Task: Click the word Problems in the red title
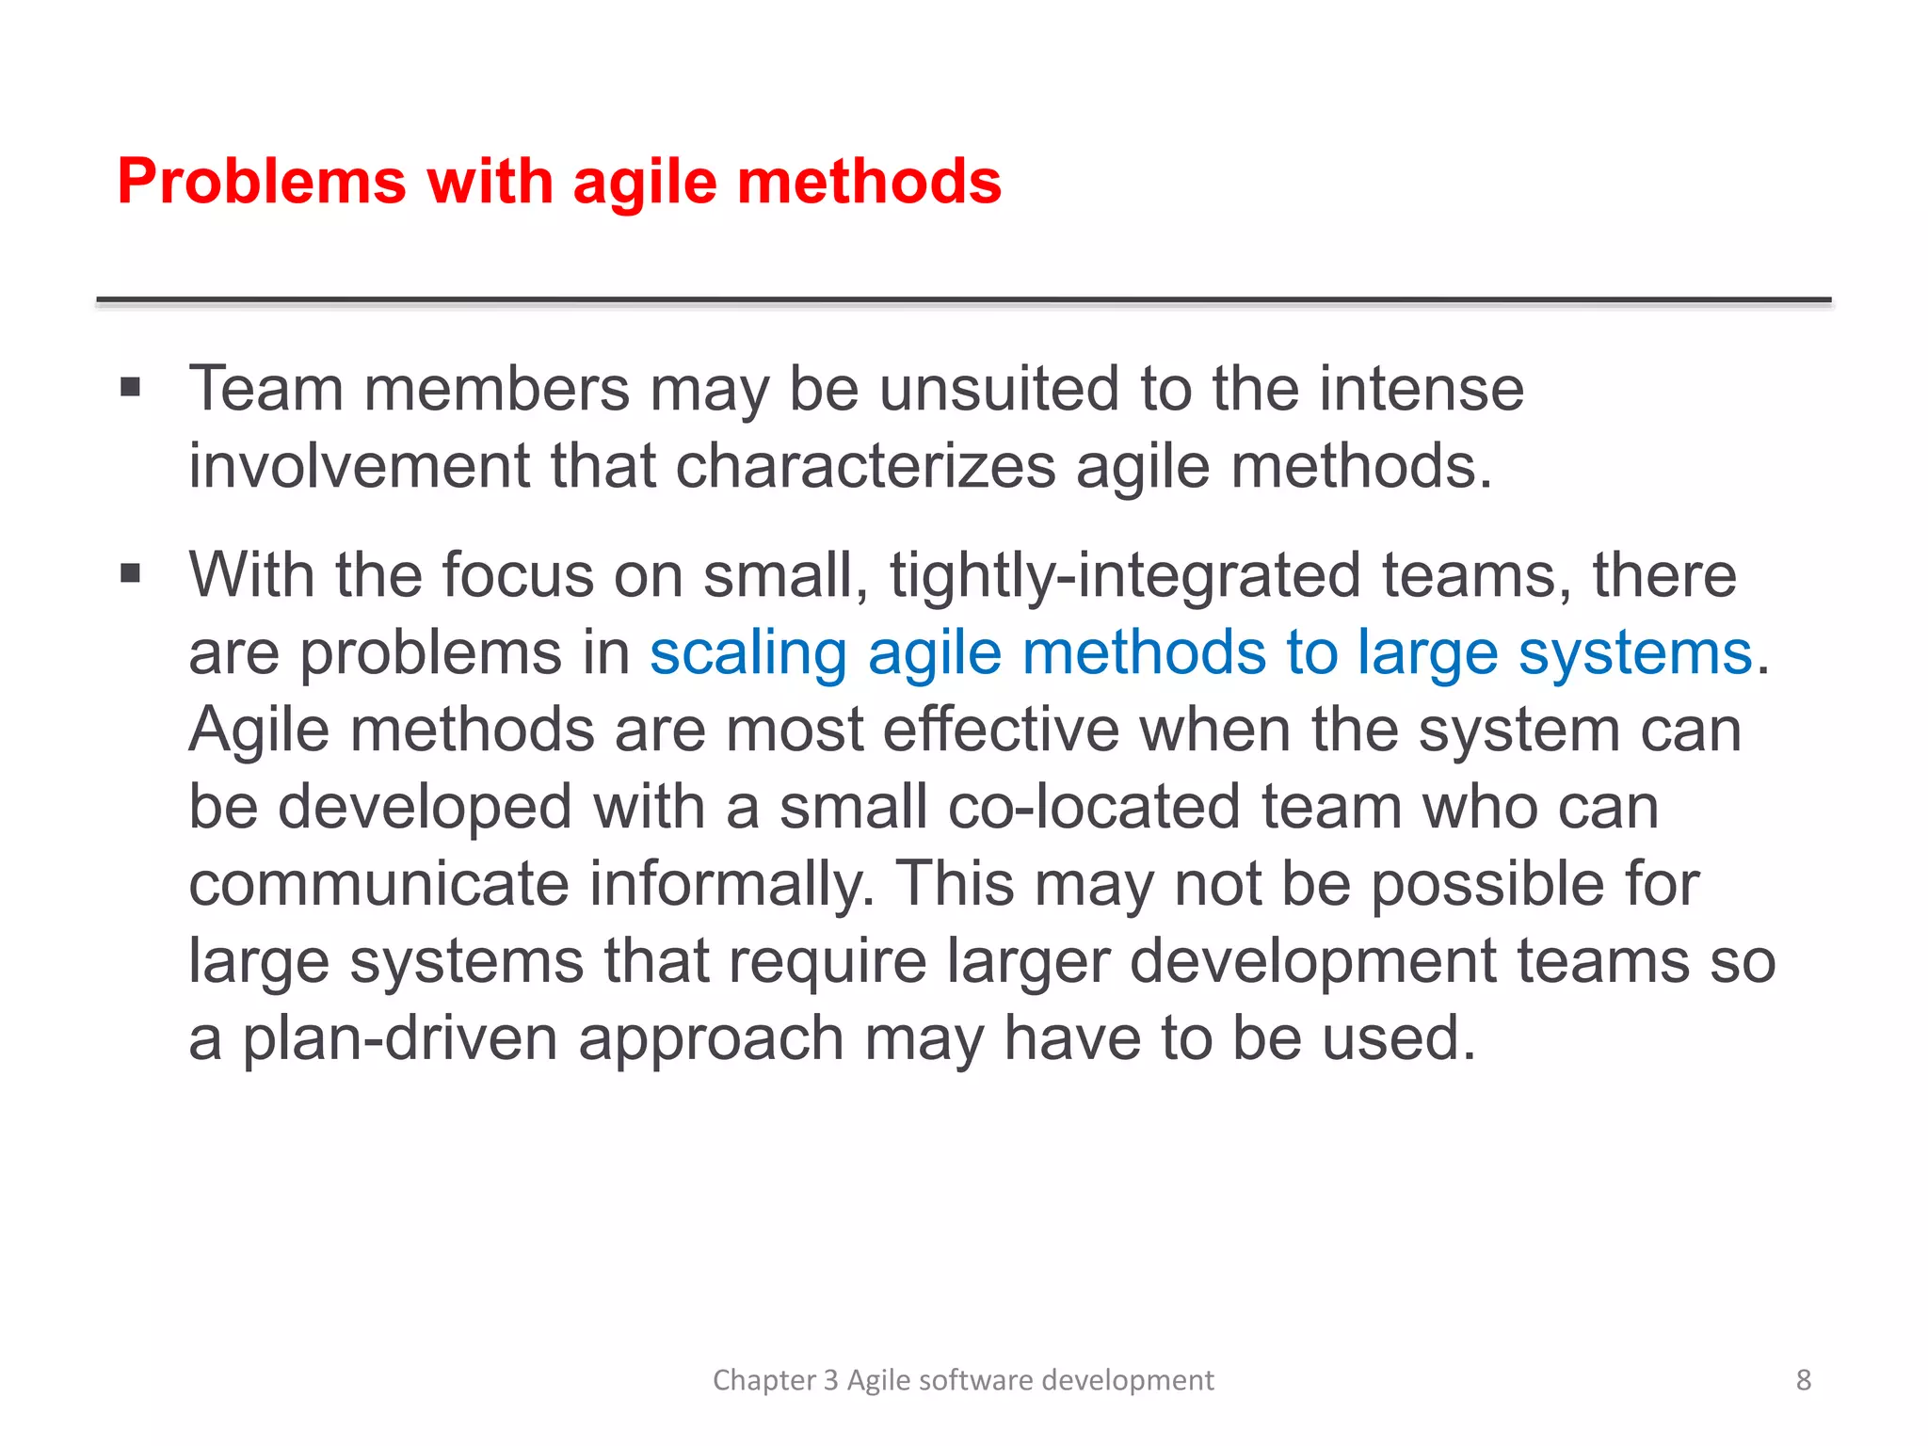pos(262,181)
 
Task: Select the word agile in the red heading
pos(645,181)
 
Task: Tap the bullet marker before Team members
pos(130,387)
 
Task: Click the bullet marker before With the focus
pos(130,573)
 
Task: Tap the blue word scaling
pos(748,652)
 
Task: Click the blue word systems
pos(1635,652)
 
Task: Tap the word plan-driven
pos(400,1037)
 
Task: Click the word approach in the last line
pos(711,1037)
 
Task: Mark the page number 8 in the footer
pos(1803,1379)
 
